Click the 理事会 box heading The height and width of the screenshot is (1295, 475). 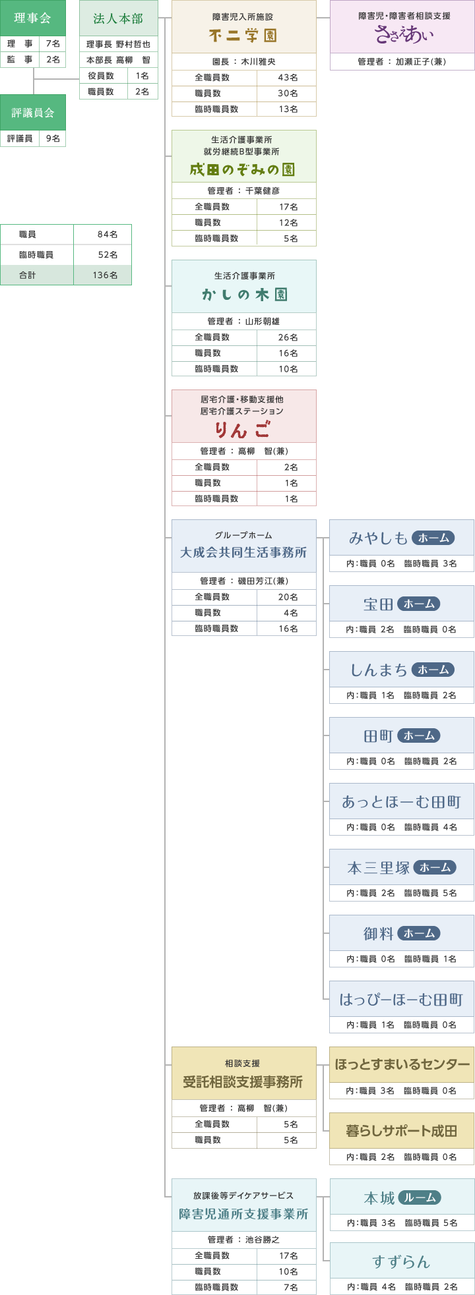pyautogui.click(x=32, y=18)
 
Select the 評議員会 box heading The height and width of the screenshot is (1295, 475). pyautogui.click(x=32, y=113)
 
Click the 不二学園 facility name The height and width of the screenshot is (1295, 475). pyautogui.click(x=243, y=36)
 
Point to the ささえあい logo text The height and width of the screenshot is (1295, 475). pyautogui.click(x=402, y=35)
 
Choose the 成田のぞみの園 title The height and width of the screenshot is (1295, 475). pyautogui.click(x=243, y=169)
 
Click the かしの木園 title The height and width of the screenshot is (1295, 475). pyautogui.click(x=243, y=295)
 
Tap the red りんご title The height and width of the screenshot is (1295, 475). pyautogui.click(x=243, y=430)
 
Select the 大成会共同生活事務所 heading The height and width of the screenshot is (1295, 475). pyautogui.click(x=243, y=552)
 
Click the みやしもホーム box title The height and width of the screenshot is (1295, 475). pyautogui.click(x=402, y=538)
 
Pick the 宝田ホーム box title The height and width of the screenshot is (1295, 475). pyautogui.click(x=402, y=604)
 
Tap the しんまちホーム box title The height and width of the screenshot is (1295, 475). pyautogui.click(x=402, y=670)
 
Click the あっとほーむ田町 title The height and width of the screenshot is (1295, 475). pyautogui.click(x=402, y=801)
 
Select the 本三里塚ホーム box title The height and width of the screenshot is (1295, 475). pyautogui.click(x=402, y=867)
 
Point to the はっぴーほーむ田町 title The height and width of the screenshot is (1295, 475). pyautogui.click(x=402, y=999)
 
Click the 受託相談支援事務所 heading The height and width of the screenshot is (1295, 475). pyautogui.click(x=243, y=1081)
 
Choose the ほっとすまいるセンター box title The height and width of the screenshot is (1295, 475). pyautogui.click(x=402, y=1064)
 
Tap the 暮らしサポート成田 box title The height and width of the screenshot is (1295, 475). pyautogui.click(x=402, y=1130)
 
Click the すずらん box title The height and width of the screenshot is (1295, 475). pyautogui.click(x=402, y=1261)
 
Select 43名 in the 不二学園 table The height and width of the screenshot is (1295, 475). pyautogui.click(x=288, y=77)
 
